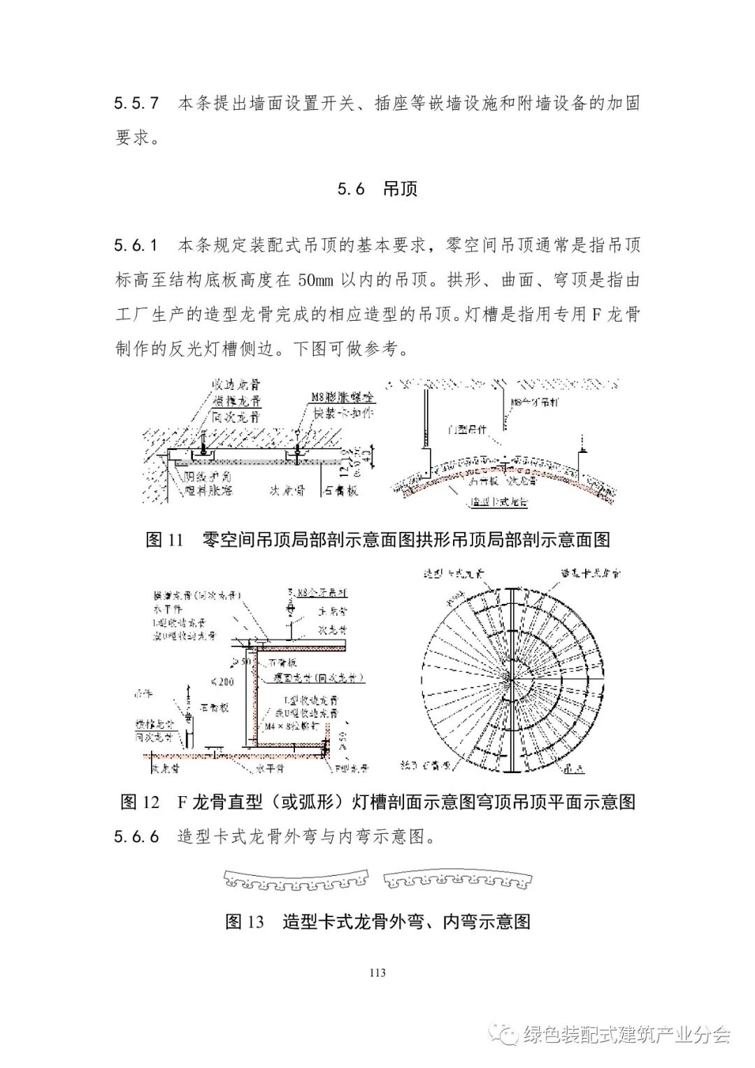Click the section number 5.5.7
(x=136, y=103)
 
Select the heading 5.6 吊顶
(x=377, y=189)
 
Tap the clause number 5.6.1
(x=136, y=246)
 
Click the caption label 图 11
(x=164, y=540)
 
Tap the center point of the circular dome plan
(x=512, y=678)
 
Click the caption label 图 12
(x=141, y=802)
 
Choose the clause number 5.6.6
(x=136, y=837)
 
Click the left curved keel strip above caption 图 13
(x=297, y=882)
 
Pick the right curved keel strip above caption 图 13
(x=456, y=882)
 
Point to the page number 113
(x=377, y=972)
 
